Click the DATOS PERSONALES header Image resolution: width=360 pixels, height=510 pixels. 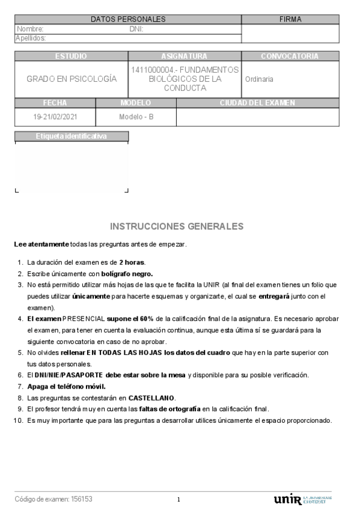[128, 19]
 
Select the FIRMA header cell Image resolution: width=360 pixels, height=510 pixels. [290, 19]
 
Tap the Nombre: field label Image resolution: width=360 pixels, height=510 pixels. [30, 29]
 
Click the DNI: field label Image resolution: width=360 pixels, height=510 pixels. [136, 29]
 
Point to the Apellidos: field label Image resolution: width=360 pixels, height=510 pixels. [31, 38]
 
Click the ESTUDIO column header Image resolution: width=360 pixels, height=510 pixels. [71, 56]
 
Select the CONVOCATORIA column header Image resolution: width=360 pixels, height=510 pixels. [290, 56]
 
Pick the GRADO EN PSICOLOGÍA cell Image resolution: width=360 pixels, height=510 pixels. [72, 79]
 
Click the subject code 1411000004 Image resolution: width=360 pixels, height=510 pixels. [154, 70]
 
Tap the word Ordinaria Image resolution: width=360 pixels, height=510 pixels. [259, 79]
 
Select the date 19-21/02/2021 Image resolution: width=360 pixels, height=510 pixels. [55, 117]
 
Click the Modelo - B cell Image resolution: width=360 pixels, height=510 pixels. [136, 117]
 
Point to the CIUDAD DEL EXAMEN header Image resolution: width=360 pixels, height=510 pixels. [257, 103]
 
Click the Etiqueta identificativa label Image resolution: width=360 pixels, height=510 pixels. [71, 136]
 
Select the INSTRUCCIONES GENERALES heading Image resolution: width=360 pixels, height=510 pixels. [177, 226]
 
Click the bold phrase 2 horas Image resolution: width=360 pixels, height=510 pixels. [132, 262]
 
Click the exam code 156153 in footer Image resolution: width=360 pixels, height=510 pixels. [82, 499]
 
